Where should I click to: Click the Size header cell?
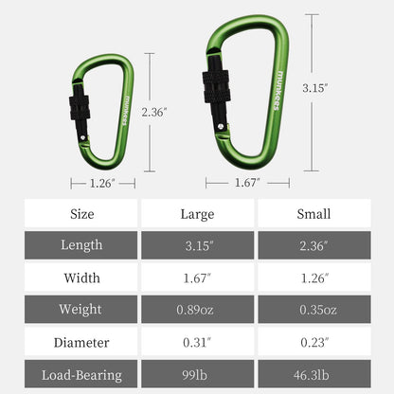(x=81, y=213)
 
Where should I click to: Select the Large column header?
(x=197, y=213)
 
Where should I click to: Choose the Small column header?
(x=313, y=213)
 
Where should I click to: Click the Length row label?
(x=81, y=245)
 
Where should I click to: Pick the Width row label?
(x=81, y=278)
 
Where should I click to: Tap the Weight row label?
(x=81, y=310)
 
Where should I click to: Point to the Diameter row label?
(x=81, y=342)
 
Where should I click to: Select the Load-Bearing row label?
(x=81, y=374)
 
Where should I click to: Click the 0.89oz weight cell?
(x=197, y=310)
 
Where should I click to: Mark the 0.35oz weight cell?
(x=313, y=310)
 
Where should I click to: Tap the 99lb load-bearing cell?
(x=197, y=374)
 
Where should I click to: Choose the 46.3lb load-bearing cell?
(x=313, y=374)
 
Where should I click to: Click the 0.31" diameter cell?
(x=197, y=342)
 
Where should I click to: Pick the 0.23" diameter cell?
(x=313, y=342)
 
